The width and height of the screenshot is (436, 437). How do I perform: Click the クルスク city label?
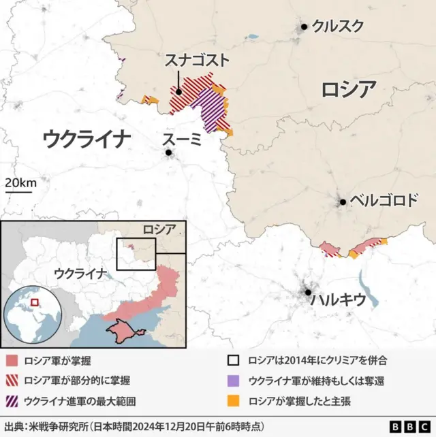(337, 27)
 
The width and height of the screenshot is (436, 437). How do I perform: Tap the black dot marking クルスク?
(305, 27)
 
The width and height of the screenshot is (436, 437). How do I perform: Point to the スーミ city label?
(182, 140)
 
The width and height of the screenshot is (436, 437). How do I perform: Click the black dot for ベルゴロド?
(343, 201)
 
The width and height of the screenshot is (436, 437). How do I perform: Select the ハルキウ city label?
(338, 299)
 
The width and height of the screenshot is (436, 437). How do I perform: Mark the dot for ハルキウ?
(309, 291)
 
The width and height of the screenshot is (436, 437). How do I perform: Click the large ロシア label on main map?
(348, 89)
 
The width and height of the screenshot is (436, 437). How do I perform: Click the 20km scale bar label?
(20, 183)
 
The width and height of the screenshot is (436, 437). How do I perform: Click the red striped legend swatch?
(11, 381)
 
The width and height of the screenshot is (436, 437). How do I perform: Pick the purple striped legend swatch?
(11, 400)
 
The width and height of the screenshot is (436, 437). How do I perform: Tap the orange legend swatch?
(234, 400)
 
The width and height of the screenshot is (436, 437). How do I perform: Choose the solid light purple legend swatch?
(234, 381)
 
